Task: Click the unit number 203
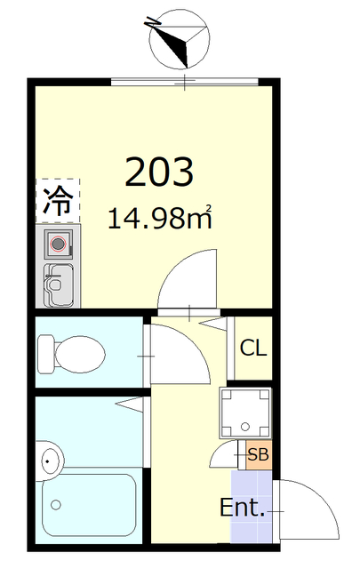coord(159,172)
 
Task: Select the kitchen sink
coord(59,284)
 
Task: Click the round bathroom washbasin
coord(51,461)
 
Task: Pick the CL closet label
coord(252,348)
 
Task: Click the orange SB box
coord(258,455)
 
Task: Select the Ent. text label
coord(243,509)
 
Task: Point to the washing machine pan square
coord(245,412)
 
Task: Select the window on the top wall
coord(185,82)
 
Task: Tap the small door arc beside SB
coord(226,454)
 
